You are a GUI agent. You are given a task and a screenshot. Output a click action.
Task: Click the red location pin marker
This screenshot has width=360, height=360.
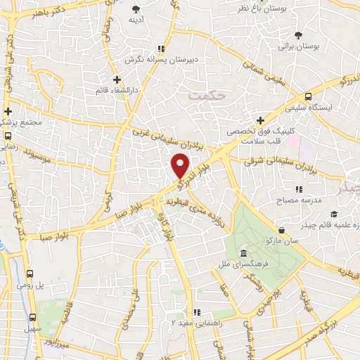[181, 166]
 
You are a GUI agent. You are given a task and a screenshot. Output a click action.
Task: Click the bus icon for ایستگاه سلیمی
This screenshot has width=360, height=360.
[309, 97]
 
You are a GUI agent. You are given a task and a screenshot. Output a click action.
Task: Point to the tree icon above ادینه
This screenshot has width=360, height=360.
[136, 8]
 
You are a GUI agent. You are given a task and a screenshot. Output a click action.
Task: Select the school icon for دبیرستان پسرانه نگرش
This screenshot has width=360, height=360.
[160, 49]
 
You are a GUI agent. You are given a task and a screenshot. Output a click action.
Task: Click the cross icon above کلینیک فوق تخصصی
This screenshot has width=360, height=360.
[260, 120]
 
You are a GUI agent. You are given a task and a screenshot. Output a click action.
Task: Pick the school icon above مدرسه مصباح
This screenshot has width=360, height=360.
[299, 188]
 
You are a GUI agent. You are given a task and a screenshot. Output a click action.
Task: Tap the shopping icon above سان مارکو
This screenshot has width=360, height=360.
[282, 229]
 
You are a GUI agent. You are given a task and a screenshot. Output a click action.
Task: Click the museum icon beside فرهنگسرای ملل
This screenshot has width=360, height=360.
[243, 253]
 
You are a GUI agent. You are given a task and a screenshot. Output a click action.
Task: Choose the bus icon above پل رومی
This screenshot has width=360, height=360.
[30, 274]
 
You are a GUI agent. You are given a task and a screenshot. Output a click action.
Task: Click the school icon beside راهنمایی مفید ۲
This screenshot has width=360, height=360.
[199, 312]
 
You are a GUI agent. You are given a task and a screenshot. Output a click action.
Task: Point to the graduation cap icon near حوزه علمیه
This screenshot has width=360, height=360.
[335, 213]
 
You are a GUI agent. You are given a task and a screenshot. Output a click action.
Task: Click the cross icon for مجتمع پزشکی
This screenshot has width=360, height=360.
[8, 111]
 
